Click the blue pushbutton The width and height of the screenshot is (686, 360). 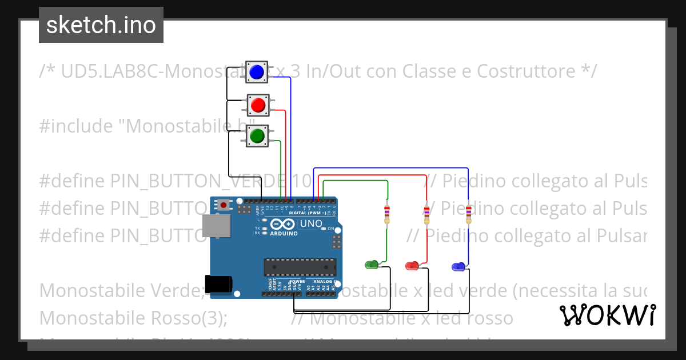(257, 71)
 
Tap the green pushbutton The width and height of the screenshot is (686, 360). (257, 135)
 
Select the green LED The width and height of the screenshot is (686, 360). (371, 265)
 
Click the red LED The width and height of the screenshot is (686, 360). (412, 265)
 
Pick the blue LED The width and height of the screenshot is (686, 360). (458, 266)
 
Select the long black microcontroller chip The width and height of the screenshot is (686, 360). (299, 267)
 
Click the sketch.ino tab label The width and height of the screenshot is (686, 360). (101, 25)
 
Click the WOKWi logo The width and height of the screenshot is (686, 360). (607, 315)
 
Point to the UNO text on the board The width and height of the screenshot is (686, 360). (311, 223)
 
